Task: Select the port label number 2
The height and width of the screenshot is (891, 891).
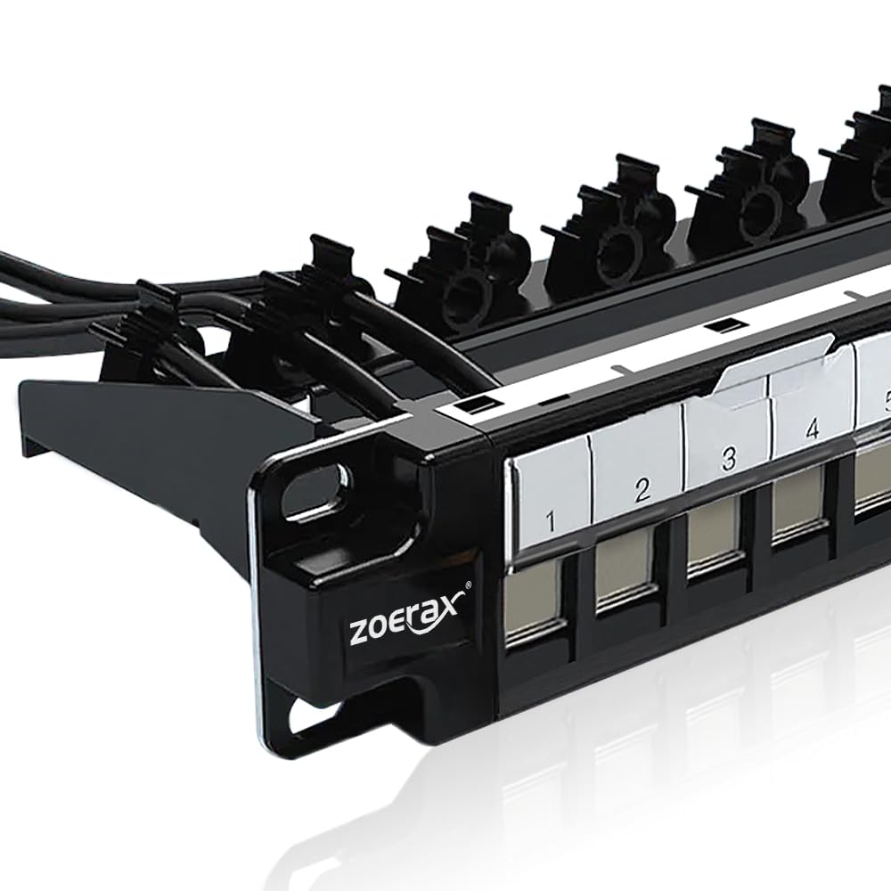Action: click(642, 489)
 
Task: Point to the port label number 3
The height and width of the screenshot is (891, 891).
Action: click(729, 459)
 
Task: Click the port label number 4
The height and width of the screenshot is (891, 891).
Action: click(812, 430)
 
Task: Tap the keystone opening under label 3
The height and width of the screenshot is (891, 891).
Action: click(713, 537)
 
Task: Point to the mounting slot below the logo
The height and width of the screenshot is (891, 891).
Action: click(307, 713)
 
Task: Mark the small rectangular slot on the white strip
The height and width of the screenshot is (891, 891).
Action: click(726, 325)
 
